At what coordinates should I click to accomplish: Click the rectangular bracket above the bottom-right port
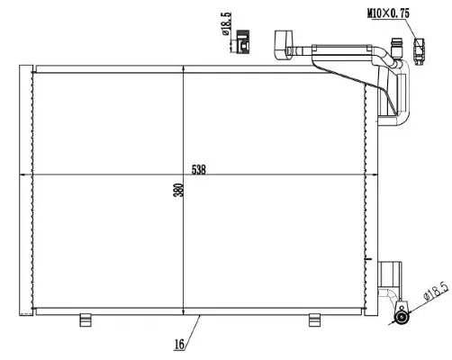coord(393,274)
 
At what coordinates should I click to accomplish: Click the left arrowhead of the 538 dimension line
coord(37,175)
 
